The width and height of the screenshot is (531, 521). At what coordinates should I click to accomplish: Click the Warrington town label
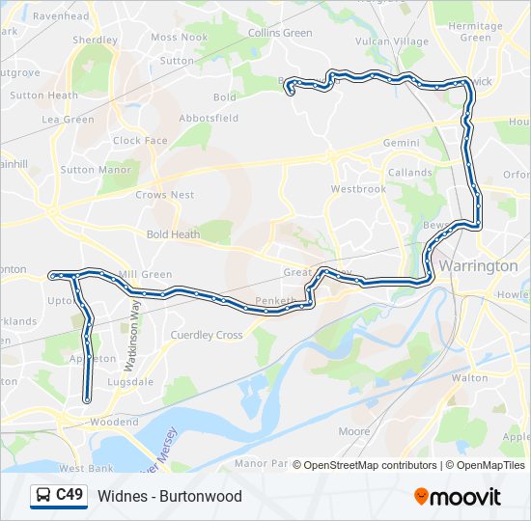coord(478,265)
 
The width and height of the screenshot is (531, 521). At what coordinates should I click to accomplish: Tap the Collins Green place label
coord(280,33)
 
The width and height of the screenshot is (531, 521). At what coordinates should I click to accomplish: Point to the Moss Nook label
coord(179,38)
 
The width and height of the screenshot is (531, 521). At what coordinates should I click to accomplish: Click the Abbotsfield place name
coord(209,118)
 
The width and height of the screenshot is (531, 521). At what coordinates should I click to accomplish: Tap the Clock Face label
coord(140,140)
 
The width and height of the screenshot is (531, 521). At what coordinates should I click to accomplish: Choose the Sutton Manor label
coord(96,170)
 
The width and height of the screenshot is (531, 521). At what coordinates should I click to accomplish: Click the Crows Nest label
coord(164,195)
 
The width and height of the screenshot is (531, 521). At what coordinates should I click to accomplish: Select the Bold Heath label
coord(173,234)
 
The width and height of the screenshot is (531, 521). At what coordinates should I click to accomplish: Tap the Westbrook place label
coord(358,189)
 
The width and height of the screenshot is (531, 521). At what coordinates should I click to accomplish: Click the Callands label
coord(410,173)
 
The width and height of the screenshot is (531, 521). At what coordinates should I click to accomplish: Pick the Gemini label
coord(402,143)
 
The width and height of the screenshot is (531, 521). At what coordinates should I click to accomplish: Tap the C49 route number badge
coord(70,496)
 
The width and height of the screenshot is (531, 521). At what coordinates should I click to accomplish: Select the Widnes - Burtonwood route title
coord(170,497)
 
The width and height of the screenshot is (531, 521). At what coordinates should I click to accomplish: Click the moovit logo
coord(458,497)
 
